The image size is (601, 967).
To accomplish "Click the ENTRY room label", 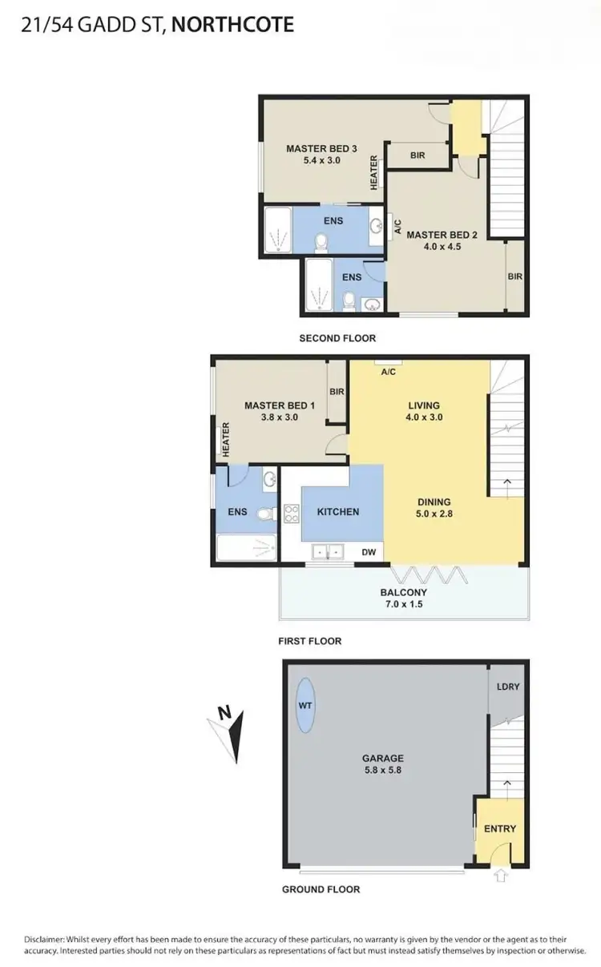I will [x=500, y=828].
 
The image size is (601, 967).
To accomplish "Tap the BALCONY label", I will [x=402, y=592].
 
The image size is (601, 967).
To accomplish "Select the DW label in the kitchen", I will [x=369, y=551].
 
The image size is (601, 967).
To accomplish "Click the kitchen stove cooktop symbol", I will [x=291, y=514].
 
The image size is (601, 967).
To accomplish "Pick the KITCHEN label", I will [x=338, y=511].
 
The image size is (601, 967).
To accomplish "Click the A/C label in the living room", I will [x=388, y=372].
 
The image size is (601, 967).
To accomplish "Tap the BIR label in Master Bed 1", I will [x=337, y=392].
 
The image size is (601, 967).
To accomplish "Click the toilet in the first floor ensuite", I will [x=266, y=514].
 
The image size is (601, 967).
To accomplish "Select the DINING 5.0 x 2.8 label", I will [x=434, y=508].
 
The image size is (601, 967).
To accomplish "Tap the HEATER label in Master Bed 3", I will [x=374, y=172].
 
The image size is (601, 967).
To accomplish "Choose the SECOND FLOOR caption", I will [x=337, y=338].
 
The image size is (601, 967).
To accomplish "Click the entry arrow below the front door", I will [x=502, y=876].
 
